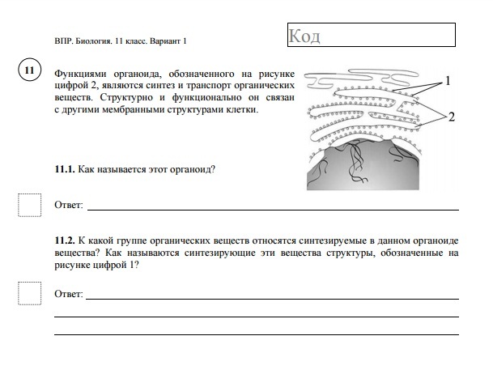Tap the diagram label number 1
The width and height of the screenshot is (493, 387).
click(x=448, y=82)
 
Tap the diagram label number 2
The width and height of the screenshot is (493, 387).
click(x=451, y=117)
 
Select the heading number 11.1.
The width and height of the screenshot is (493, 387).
click(x=64, y=169)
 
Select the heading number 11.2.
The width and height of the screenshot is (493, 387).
click(x=64, y=241)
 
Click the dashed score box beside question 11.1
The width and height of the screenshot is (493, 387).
click(x=29, y=205)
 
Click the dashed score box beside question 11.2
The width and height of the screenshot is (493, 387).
click(x=29, y=293)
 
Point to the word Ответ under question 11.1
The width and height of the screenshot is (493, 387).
click(x=68, y=206)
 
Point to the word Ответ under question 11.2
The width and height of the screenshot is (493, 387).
click(x=68, y=294)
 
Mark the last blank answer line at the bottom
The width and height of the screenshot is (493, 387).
click(x=256, y=334)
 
